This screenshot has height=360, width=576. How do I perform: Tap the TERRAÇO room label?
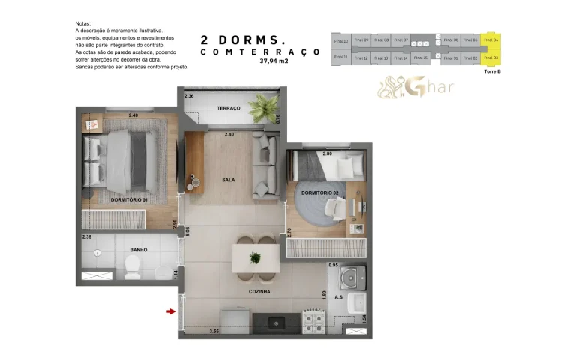pos(229,108)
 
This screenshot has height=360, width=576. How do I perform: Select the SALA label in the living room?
pos(229,180)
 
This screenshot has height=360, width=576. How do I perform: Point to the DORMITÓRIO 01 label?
pos(129,200)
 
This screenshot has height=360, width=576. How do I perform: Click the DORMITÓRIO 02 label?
pos(320,193)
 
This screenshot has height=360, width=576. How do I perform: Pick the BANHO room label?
pos(138,250)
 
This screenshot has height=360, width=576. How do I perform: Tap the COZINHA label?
pos(259,291)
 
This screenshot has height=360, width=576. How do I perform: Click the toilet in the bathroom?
pos(133,264)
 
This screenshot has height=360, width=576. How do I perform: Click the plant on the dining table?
pos(255,258)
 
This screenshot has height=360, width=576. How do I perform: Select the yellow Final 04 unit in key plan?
pos(491,40)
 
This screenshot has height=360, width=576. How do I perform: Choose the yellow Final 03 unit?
pos(491,58)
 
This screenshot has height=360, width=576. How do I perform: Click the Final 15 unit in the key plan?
pos(421,58)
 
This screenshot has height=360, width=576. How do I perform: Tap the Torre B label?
pos(493,71)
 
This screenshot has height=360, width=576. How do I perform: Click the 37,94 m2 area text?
pos(274,62)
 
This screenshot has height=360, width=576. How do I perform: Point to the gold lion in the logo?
pos(391,88)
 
